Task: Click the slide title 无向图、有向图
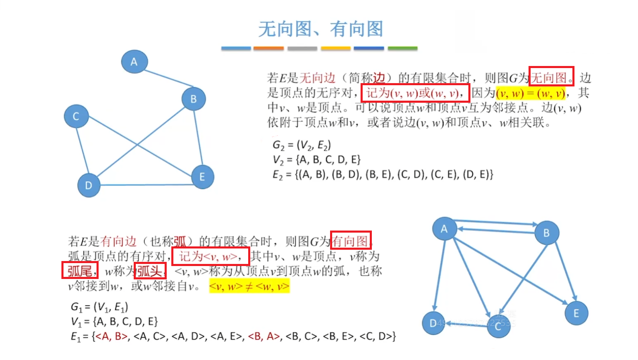[320, 29]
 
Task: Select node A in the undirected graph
[134, 62]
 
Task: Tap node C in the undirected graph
[76, 116]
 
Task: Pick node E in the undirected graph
[202, 177]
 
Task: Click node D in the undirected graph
[89, 185]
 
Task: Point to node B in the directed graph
[546, 233]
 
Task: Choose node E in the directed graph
[576, 313]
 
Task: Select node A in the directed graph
[444, 229]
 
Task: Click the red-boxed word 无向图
[551, 77]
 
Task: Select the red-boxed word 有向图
[351, 241]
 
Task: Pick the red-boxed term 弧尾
[80, 271]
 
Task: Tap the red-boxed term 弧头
[150, 271]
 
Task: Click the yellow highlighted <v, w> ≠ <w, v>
[249, 286]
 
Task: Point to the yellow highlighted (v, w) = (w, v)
[530, 93]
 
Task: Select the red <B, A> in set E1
[264, 336]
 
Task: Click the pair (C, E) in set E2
[445, 174]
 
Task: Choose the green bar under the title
[402, 48]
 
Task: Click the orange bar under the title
[269, 48]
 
